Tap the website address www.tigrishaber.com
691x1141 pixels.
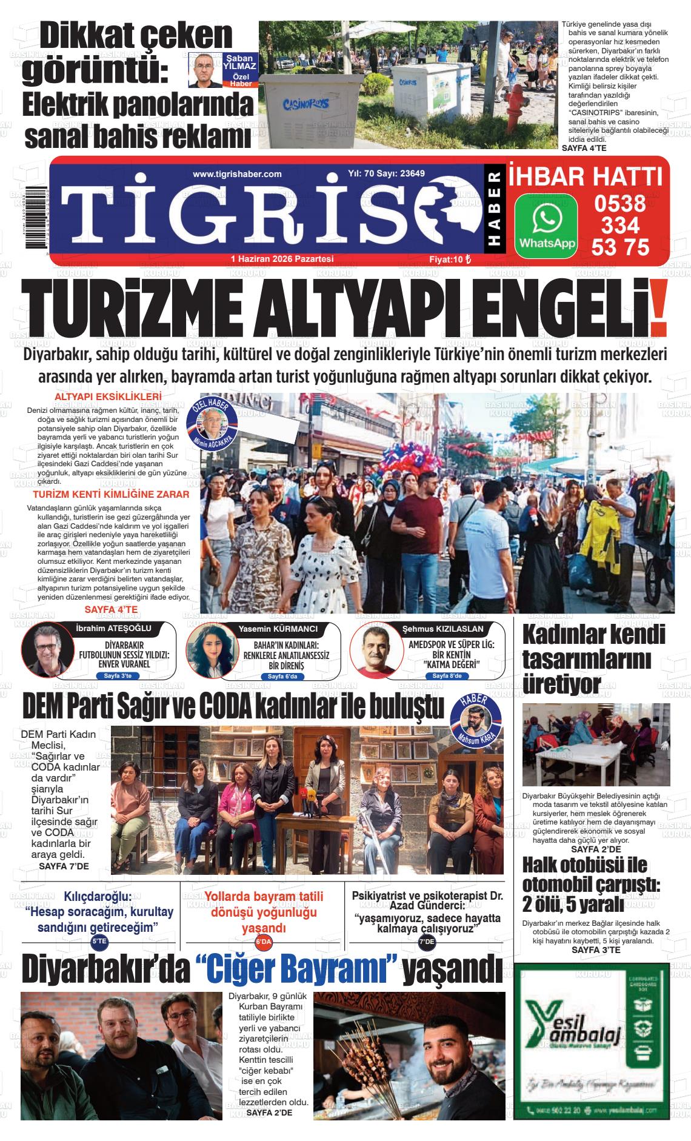[237, 174]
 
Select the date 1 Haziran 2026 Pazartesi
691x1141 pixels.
[282, 259]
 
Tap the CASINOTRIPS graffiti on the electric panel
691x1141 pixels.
[306, 104]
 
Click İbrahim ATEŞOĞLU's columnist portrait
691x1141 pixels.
[48, 652]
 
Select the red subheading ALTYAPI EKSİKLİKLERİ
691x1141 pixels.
[108, 397]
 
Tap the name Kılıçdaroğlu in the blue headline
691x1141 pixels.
[98, 897]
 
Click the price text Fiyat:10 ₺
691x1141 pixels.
[450, 259]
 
